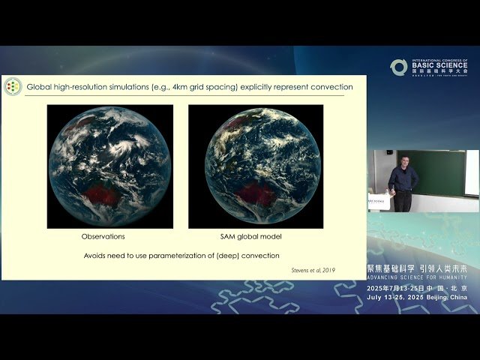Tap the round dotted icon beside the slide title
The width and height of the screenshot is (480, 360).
point(12,87)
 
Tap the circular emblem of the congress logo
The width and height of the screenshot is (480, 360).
point(398,67)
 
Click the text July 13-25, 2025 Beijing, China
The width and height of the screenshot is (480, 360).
point(417,298)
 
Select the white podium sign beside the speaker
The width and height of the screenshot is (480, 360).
point(379,203)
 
